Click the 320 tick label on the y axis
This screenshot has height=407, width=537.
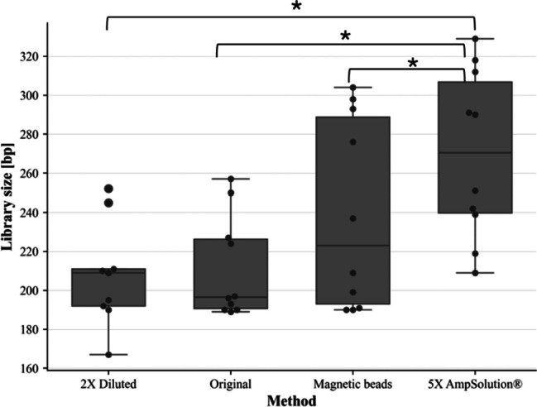coord(30,56)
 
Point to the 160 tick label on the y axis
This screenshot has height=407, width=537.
coord(30,369)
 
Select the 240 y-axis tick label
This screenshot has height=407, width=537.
coord(30,213)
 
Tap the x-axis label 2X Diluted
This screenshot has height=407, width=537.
coord(108,384)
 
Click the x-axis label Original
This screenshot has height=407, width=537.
coord(231,384)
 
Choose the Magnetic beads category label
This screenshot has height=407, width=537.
coord(352,384)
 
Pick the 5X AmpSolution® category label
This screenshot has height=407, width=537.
coord(475,384)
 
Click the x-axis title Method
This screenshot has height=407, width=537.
coord(292,400)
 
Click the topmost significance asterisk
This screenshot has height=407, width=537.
coord(296,7)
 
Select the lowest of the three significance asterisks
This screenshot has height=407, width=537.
coord(413,63)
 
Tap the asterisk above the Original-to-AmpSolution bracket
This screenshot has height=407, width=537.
coord(346,36)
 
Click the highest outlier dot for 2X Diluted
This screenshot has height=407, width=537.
coord(108,189)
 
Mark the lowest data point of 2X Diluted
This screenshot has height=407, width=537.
coord(108,355)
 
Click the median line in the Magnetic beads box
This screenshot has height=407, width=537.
coord(352,246)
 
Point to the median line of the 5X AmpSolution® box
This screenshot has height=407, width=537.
coord(475,153)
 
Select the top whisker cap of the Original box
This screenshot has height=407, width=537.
coord(231,179)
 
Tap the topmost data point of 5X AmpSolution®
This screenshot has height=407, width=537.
coord(475,39)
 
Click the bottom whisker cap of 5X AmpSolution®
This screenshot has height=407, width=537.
coord(475,273)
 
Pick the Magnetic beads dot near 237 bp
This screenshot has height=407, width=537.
coord(352,218)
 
